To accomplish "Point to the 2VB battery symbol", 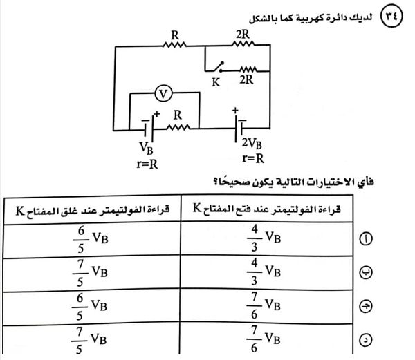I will click(x=239, y=128).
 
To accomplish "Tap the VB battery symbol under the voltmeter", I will click(x=147, y=128).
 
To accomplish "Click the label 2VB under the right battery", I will click(x=250, y=145).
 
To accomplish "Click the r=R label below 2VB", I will click(x=250, y=159).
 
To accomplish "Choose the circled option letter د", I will click(x=366, y=339).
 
